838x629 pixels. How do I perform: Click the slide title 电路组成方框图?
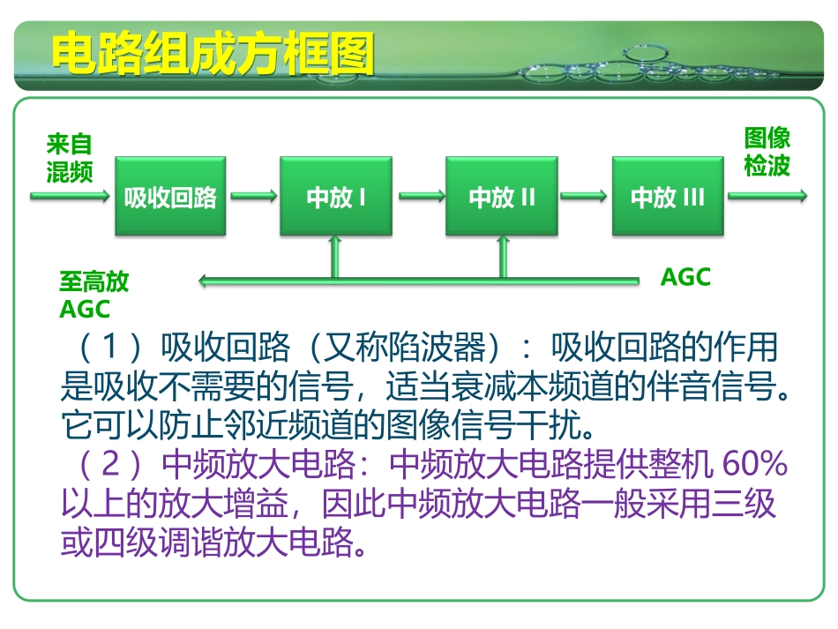(x=213, y=55)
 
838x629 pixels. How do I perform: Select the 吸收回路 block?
(x=170, y=197)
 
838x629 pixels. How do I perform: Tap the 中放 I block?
(x=335, y=197)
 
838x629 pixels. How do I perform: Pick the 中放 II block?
(x=501, y=197)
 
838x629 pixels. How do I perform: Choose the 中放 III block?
(x=667, y=197)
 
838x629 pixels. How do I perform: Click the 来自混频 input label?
(x=69, y=158)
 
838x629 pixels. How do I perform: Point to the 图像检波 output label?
(x=767, y=152)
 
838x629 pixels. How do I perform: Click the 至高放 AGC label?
(x=93, y=295)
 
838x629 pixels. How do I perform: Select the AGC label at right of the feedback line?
(x=685, y=277)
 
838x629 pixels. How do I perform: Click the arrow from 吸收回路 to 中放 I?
(x=253, y=197)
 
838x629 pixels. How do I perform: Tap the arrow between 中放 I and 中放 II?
(x=419, y=197)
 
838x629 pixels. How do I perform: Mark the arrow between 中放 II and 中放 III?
(x=585, y=197)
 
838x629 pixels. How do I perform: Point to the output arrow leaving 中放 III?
(x=766, y=197)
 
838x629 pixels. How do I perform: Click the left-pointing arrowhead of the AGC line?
(x=205, y=281)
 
